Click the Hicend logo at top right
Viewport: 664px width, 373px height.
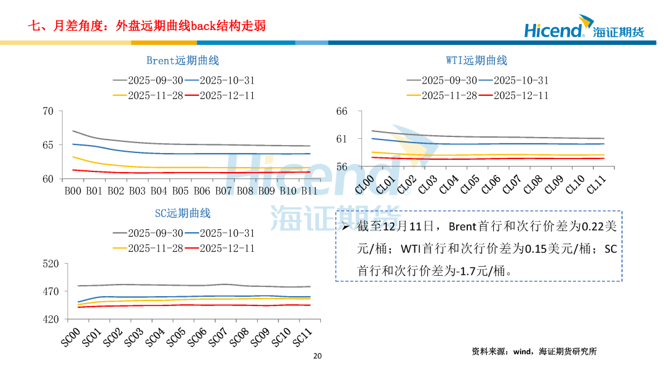click(x=583, y=29)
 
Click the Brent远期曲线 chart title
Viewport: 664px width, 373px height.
click(x=183, y=61)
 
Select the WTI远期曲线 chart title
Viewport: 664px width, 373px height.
click(x=476, y=61)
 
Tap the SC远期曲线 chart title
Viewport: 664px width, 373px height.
click(x=183, y=214)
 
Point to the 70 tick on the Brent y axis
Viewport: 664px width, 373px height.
click(x=48, y=111)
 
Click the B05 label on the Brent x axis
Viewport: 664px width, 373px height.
click(x=180, y=191)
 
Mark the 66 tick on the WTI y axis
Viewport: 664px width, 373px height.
click(x=342, y=111)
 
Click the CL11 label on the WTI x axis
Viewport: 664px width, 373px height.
click(x=596, y=185)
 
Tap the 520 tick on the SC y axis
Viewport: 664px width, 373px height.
click(x=50, y=264)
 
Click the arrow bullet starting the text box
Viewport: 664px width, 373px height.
click(x=346, y=227)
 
